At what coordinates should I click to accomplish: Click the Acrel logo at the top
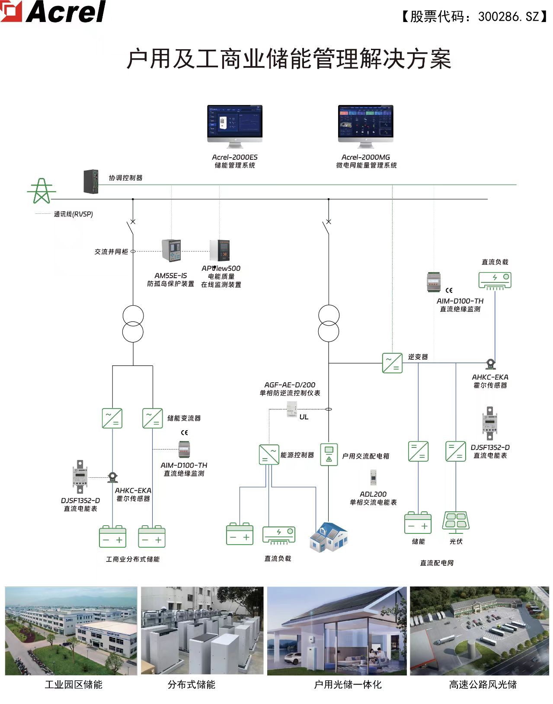(x=54, y=12)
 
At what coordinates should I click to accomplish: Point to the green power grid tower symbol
(x=42, y=191)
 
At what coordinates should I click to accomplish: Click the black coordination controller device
(x=91, y=181)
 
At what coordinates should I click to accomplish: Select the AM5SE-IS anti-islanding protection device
(x=171, y=250)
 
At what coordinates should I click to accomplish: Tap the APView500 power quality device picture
(x=220, y=251)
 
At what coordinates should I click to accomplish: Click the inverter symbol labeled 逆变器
(x=392, y=363)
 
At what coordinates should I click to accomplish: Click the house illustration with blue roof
(x=329, y=538)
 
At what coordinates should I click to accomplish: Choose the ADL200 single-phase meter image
(x=373, y=478)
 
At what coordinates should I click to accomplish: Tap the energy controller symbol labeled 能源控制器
(x=269, y=455)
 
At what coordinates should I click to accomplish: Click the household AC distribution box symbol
(x=329, y=454)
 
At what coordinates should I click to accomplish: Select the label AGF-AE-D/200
(x=290, y=385)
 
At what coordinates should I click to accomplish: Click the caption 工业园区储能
(x=74, y=685)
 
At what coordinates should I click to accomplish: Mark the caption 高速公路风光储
(x=483, y=685)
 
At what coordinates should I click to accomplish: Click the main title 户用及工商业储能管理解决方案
(x=288, y=59)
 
